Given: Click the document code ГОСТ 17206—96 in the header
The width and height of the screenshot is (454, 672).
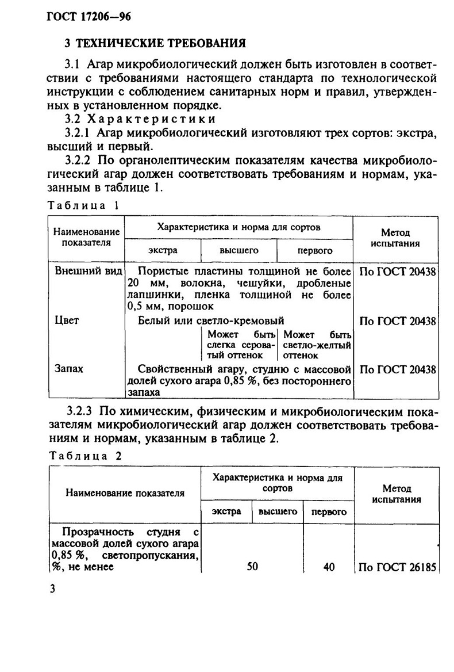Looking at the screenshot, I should click(x=89, y=17).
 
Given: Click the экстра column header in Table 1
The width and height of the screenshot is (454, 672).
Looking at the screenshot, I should click(x=163, y=250).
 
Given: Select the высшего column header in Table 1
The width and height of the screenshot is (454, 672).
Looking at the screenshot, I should click(x=238, y=250).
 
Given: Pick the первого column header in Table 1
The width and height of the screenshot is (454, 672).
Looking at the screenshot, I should click(x=314, y=251).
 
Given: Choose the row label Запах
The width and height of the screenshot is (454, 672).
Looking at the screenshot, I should click(x=68, y=368).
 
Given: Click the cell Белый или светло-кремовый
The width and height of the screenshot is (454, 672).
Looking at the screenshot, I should click(x=211, y=320).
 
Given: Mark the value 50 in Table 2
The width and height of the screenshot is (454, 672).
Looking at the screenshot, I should click(x=252, y=567).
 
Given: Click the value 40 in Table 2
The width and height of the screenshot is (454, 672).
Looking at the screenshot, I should click(x=329, y=567).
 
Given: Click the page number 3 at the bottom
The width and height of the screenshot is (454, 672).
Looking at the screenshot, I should click(x=52, y=591).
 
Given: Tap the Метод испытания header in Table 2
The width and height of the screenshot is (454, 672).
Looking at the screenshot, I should click(x=397, y=494).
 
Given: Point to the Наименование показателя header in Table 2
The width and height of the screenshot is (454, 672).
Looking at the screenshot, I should click(x=125, y=493).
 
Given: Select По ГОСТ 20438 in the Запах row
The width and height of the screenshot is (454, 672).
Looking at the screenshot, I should click(x=397, y=369).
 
